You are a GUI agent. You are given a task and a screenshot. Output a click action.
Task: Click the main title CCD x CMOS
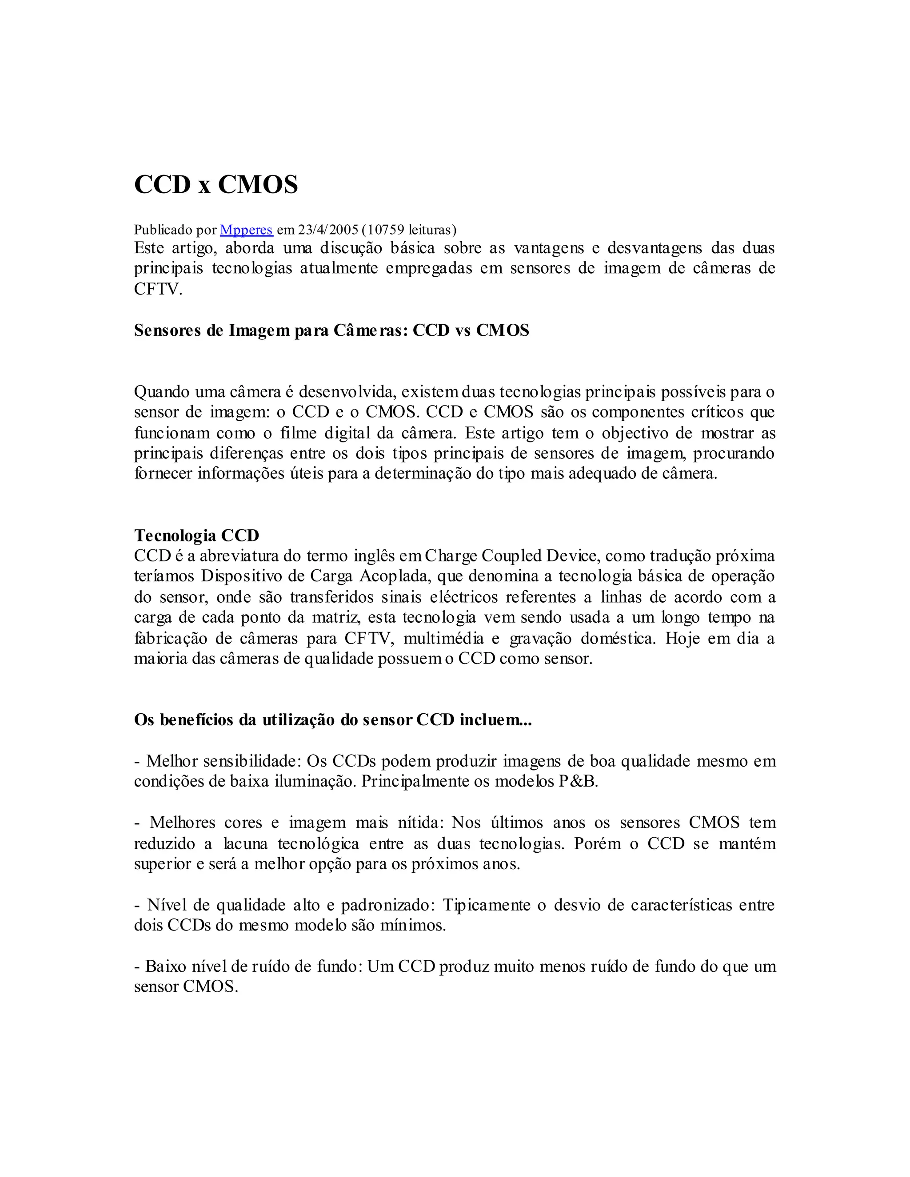pyautogui.click(x=216, y=185)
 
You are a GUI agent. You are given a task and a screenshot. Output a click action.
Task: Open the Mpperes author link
pyautogui.click(x=246, y=230)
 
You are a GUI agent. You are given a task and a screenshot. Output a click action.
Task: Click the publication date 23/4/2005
pyautogui.click(x=328, y=230)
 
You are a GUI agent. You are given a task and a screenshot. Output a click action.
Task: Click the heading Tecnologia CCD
pyautogui.click(x=196, y=535)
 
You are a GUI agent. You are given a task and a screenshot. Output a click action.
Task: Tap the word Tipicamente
pyautogui.click(x=486, y=905)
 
